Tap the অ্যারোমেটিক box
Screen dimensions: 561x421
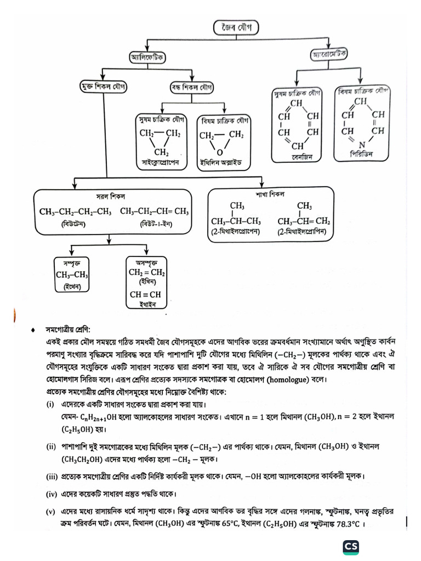(332, 55)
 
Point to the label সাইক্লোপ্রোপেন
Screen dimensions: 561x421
(161, 163)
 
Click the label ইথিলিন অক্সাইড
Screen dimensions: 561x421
(221, 163)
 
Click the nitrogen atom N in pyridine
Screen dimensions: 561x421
(362, 145)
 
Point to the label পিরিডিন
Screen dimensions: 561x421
(362, 154)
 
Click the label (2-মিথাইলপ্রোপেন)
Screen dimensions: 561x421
(236, 232)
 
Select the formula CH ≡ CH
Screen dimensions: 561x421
(146, 295)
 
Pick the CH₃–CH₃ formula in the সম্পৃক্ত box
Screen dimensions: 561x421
(72, 276)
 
